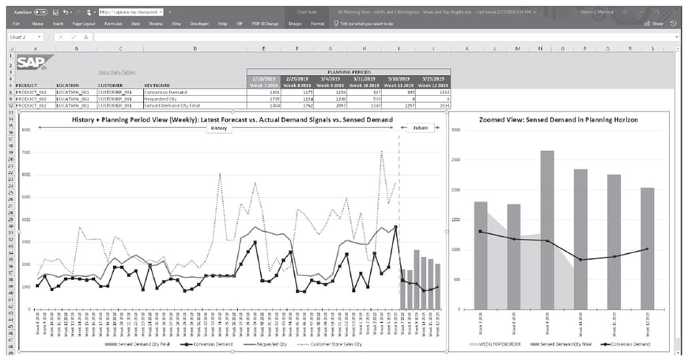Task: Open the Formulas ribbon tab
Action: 113,24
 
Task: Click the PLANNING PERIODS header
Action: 349,71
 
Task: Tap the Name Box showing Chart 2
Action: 22,37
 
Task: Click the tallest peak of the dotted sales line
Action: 382,153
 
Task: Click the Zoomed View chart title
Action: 558,119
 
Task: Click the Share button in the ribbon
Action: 656,24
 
